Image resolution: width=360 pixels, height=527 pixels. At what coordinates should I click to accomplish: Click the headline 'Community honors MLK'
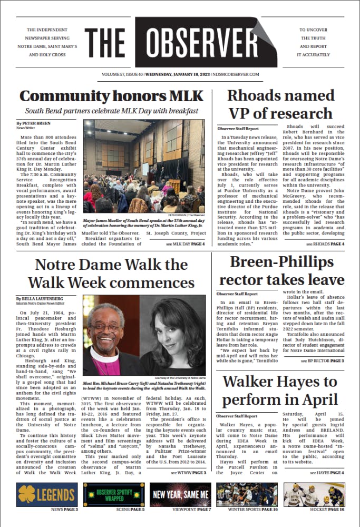pyautogui.click(x=111, y=96)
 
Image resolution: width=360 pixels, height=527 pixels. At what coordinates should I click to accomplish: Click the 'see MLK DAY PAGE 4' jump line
pyautogui.click(x=184, y=244)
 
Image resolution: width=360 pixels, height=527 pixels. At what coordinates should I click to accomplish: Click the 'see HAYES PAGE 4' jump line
pyautogui.click(x=327, y=473)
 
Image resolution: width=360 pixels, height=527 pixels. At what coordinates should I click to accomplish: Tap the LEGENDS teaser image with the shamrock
pyautogui.click(x=47, y=494)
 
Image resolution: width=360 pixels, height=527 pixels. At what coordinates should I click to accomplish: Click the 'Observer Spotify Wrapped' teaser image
pyautogui.click(x=114, y=494)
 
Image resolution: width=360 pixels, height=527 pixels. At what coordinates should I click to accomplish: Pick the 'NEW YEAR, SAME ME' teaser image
pyautogui.click(x=180, y=494)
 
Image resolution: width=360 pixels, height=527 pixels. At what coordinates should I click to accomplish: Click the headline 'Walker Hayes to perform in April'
pyautogui.click(x=280, y=391)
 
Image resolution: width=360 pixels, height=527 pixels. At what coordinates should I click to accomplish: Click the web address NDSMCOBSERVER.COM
pyautogui.click(x=235, y=74)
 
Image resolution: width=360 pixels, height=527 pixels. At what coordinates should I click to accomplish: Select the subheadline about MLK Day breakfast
pyautogui.click(x=112, y=111)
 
